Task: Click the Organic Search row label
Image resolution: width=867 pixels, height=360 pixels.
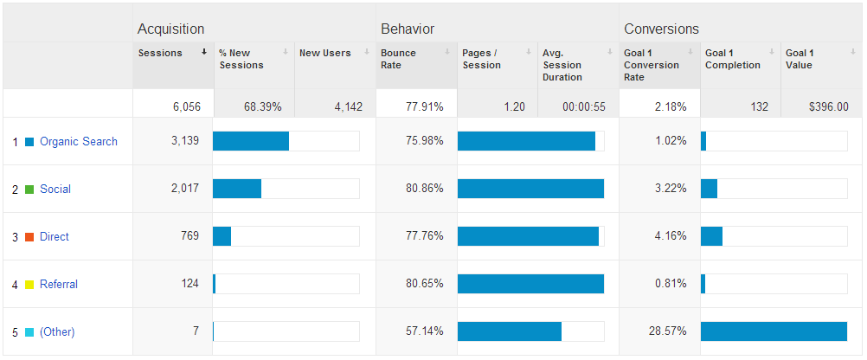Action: point(79,142)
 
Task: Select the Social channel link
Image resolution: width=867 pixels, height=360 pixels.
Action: point(55,190)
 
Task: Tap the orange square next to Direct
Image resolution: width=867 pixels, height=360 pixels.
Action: point(29,237)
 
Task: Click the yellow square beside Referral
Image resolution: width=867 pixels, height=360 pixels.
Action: point(29,285)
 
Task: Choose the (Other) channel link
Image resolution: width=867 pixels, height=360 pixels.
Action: point(57,332)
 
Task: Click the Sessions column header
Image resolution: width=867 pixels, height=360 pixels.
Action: point(160,53)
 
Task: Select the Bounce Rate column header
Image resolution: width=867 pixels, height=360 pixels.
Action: point(398,59)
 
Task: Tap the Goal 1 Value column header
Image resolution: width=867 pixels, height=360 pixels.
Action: point(800,59)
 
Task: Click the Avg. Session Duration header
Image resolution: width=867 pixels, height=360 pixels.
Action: point(562,65)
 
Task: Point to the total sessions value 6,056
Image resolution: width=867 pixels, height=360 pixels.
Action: point(186,107)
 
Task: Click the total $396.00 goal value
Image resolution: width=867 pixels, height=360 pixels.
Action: point(828,107)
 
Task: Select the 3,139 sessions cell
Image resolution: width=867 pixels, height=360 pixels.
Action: point(184,142)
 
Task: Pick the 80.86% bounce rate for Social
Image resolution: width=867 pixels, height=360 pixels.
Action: point(424,190)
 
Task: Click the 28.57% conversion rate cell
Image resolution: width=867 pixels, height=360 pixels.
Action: point(667,331)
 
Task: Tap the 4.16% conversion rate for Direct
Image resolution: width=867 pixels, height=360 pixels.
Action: point(671,236)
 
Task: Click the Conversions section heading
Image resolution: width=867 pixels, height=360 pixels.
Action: point(661,29)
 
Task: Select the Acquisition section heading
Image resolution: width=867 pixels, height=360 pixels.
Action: point(170,29)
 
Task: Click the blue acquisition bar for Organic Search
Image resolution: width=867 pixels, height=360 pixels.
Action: point(251,141)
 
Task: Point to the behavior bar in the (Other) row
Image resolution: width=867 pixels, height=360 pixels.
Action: point(510,331)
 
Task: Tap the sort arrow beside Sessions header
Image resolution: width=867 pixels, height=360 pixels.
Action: point(204,52)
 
